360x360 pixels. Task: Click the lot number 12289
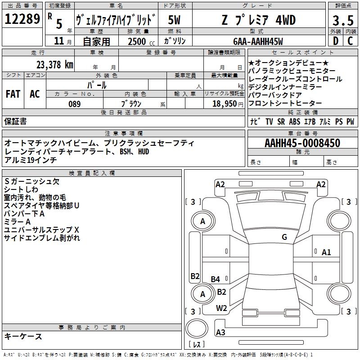click(x=22, y=19)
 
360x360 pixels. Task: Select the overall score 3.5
click(x=343, y=21)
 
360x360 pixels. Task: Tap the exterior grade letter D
click(x=336, y=41)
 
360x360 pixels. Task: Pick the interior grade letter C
click(x=350, y=41)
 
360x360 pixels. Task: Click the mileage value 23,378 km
click(x=55, y=65)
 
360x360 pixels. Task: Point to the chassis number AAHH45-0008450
click(x=302, y=143)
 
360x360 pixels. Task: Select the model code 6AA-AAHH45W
click(x=258, y=41)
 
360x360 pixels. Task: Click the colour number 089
click(x=75, y=104)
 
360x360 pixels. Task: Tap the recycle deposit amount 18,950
click(x=225, y=104)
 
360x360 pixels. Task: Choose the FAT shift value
click(x=13, y=94)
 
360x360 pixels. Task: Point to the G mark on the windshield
click(x=284, y=237)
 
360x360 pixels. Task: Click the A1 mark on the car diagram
click(x=326, y=252)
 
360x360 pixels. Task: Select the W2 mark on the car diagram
click(x=221, y=308)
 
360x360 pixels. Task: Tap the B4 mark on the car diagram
click(x=216, y=279)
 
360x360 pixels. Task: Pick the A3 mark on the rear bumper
click(x=220, y=332)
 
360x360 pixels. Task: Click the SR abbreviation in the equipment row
click(x=281, y=121)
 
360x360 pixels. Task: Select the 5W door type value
click(x=174, y=20)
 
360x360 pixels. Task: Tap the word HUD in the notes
click(x=144, y=152)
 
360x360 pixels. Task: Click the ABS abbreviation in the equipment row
click(x=295, y=121)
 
